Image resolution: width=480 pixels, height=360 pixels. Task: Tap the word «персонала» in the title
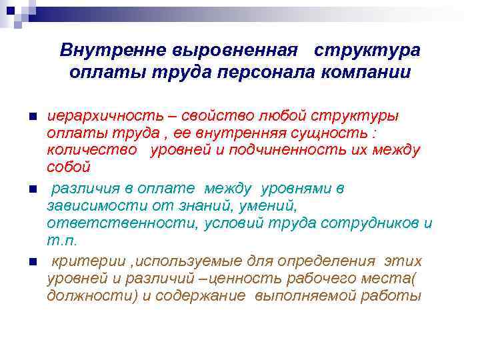point(269,72)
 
